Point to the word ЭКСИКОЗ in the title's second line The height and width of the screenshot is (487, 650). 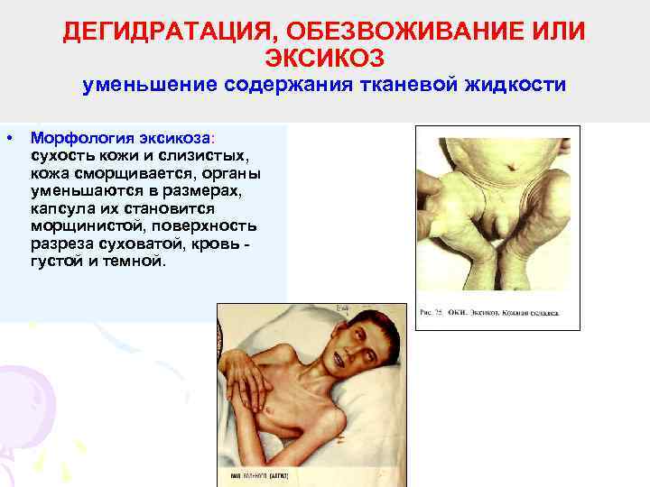324,58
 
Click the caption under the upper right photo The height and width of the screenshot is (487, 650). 488,315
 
